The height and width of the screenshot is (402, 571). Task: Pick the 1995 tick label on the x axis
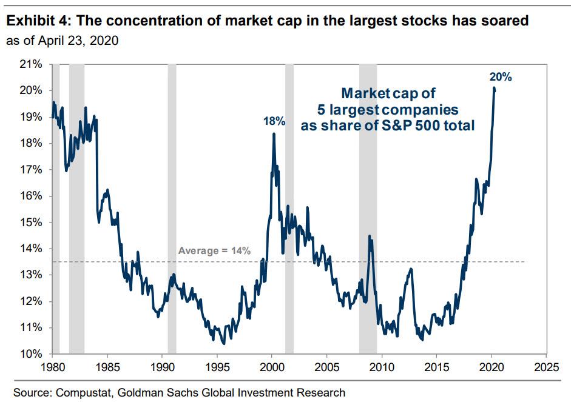tap(217, 367)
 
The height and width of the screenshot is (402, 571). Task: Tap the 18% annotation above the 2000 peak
tap(274, 121)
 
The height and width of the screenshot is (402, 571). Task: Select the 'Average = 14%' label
tap(214, 251)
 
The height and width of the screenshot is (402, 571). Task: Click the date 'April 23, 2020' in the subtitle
tap(78, 41)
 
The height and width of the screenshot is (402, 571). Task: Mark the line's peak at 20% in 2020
tap(494, 89)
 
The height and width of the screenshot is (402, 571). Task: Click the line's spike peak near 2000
tap(273, 134)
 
